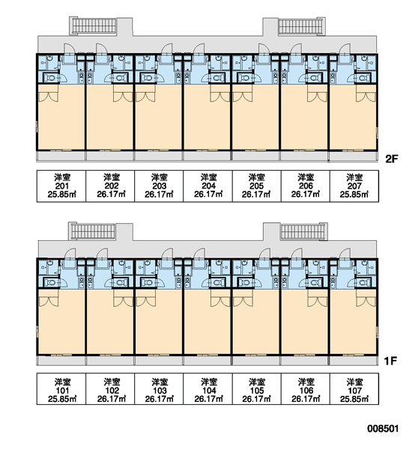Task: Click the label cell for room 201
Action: [61, 186]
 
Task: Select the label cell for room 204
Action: [207, 186]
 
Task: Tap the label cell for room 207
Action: [354, 186]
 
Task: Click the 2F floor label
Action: [392, 159]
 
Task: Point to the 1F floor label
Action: [390, 361]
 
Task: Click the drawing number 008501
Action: [383, 428]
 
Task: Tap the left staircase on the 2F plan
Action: [94, 26]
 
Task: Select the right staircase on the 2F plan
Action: [302, 26]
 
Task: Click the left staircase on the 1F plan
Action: [92, 231]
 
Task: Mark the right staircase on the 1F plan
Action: [304, 231]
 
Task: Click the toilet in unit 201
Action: [51, 78]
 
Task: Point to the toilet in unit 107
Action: [363, 283]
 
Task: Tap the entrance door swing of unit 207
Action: [345, 49]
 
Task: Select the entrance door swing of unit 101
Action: [69, 254]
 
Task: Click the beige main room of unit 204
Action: [207, 117]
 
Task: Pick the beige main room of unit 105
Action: [255, 322]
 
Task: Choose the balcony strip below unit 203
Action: [158, 156]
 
